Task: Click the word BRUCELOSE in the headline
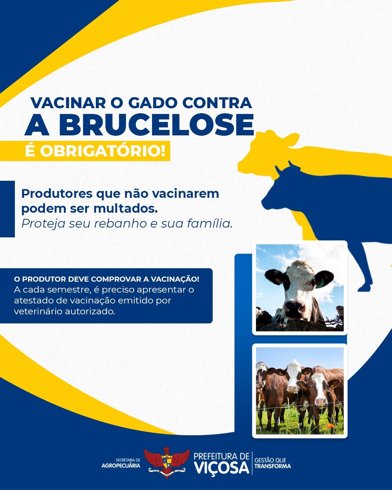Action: [156, 124]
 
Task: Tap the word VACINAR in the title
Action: [68, 103]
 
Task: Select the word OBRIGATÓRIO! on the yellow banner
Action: [103, 151]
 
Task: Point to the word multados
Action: [126, 209]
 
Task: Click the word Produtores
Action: [57, 194]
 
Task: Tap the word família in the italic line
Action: [209, 223]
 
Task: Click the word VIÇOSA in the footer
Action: [221, 468]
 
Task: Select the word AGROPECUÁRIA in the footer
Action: [121, 465]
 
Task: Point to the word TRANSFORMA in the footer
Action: [273, 466]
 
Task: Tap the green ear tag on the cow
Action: [319, 284]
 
